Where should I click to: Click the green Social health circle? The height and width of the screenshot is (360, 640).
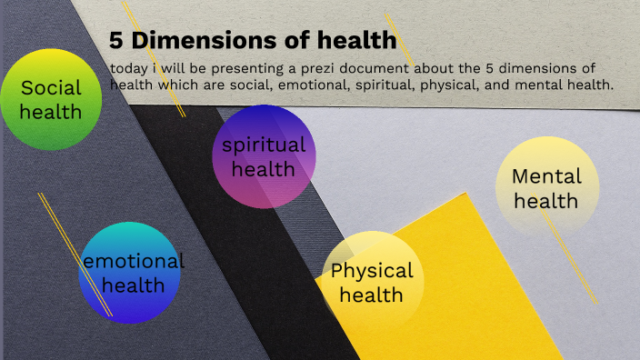click(51, 100)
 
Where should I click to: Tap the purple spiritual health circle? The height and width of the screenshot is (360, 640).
click(264, 156)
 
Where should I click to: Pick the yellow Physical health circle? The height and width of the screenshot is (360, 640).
click(373, 282)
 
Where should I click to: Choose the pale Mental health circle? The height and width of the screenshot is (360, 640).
click(547, 188)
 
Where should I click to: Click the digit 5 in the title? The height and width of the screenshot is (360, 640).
click(115, 40)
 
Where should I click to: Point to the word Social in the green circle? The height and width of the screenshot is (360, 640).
click(51, 88)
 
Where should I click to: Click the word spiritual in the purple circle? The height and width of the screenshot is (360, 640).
click(264, 145)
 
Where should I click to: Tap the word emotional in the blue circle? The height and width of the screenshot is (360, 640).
click(133, 261)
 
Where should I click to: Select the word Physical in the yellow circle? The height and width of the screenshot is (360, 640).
click(372, 270)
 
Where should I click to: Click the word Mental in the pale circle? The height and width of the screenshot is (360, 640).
click(546, 176)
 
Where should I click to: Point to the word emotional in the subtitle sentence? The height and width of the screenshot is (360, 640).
click(312, 85)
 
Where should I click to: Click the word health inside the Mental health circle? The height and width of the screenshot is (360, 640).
click(546, 200)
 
